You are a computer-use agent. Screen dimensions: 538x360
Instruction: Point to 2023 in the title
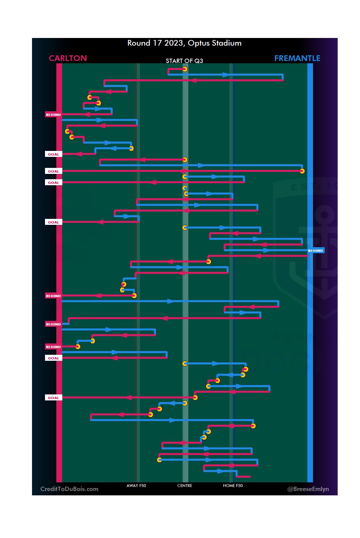coord(174,43)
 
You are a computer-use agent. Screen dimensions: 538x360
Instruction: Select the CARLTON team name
coord(68,58)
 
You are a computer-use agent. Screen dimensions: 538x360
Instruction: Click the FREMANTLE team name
coord(297,58)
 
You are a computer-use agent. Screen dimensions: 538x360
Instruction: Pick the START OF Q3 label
coord(184,61)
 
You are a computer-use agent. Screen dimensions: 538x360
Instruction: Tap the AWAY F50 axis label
coord(136,486)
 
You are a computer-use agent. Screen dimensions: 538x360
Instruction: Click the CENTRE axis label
coord(185,486)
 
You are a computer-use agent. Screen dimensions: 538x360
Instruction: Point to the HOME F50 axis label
coord(233,486)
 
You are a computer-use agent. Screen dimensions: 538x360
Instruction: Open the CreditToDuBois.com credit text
coord(69,489)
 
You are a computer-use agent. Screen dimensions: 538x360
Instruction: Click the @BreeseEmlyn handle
coord(308,489)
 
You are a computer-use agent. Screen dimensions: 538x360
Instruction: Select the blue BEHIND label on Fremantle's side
coord(315,251)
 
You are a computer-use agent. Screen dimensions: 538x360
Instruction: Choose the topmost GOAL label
coord(53,154)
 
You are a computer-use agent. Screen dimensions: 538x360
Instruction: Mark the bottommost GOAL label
coord(53,398)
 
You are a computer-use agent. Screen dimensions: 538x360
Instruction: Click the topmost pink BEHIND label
coord(53,115)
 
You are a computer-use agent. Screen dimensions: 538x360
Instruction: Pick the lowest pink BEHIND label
coord(53,347)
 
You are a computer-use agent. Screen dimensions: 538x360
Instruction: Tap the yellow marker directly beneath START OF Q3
coord(185,69)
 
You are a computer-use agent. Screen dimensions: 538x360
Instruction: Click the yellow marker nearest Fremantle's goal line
coord(302,171)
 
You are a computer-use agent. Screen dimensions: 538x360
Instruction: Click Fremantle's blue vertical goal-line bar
coord(310,333)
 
